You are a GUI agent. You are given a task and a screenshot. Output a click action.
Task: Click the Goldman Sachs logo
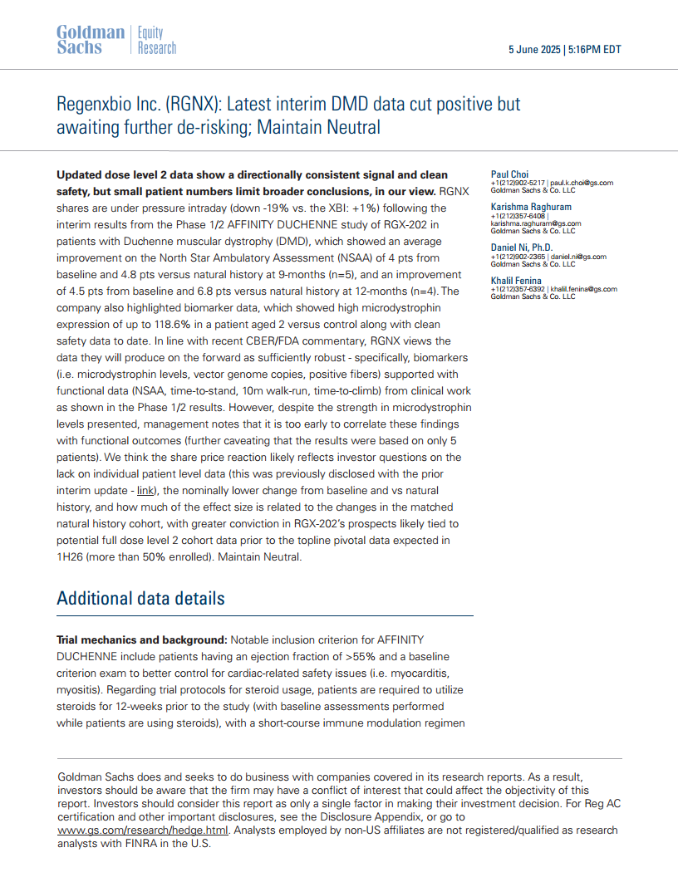pos(91,40)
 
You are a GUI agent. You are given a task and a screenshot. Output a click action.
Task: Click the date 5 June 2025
pos(534,49)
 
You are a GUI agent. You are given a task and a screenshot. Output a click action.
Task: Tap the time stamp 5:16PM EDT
pos(595,49)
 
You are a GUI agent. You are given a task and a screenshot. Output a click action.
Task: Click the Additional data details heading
pos(140,598)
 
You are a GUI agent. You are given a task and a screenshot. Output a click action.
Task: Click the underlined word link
pos(145,491)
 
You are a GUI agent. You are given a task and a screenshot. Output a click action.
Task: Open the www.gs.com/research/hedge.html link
pos(145,830)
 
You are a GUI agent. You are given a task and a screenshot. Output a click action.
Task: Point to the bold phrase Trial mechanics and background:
pos(141,639)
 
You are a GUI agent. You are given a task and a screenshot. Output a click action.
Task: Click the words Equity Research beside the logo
pos(157,40)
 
